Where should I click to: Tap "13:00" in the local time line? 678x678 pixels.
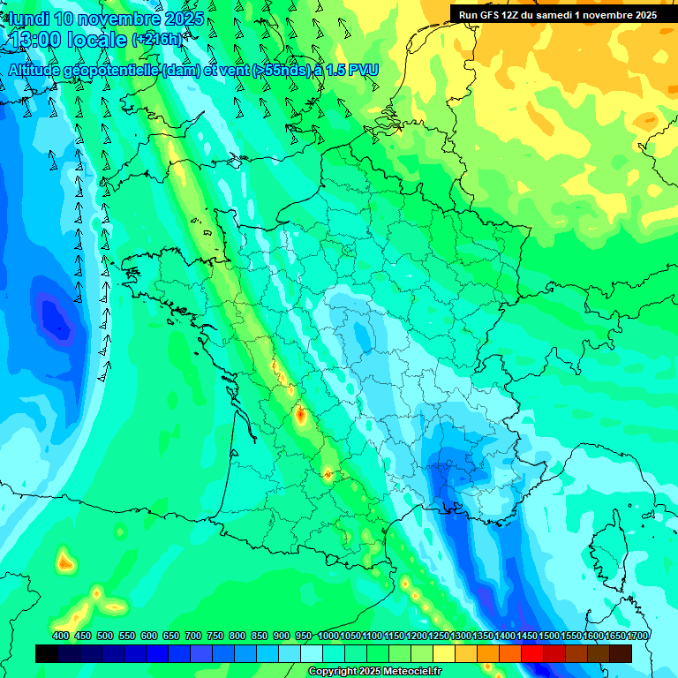[x=37, y=40]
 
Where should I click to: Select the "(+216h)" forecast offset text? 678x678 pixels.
[x=156, y=40]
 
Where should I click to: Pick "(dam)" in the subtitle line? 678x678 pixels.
[x=182, y=71]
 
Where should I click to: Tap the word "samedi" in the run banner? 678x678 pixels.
[x=553, y=15]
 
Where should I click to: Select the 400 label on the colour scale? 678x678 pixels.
[x=61, y=637]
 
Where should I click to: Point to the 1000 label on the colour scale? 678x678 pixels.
[x=328, y=637]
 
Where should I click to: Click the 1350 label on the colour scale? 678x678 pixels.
[x=483, y=637]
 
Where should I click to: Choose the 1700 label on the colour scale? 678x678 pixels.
[x=637, y=637]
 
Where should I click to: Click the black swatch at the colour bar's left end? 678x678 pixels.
[x=47, y=653]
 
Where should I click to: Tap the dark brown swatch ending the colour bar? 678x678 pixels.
[x=621, y=653]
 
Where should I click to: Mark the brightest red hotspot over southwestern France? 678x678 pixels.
[x=300, y=412]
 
